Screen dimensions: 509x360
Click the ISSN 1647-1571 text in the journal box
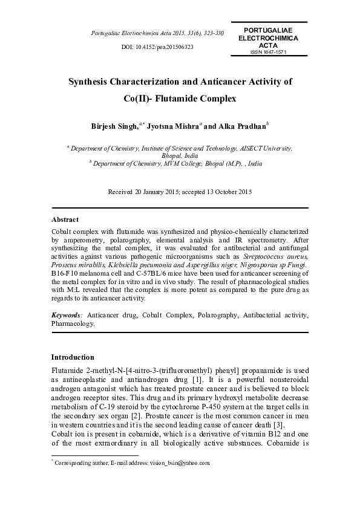click(x=268, y=52)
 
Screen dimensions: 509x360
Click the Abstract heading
click(x=65, y=219)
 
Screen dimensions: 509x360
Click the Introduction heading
click(x=73, y=357)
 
